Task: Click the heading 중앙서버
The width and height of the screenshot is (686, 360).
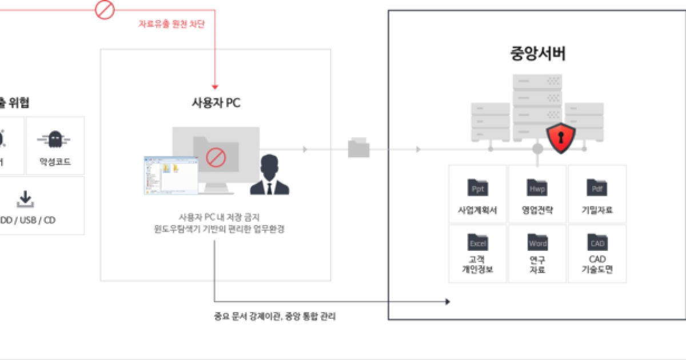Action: (537, 54)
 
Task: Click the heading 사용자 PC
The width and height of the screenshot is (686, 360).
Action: (216, 103)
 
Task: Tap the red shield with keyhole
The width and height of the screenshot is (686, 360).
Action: (560, 137)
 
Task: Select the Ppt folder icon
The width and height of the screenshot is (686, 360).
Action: (477, 187)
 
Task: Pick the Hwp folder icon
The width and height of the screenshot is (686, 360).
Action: (537, 187)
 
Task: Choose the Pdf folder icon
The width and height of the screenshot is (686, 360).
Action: (597, 187)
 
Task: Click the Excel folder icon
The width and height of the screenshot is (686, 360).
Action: (477, 242)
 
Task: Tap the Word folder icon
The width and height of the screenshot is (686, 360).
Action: (537, 242)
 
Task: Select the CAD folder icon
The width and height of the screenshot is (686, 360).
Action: (597, 242)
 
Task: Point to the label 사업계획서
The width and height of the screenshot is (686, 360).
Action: (477, 210)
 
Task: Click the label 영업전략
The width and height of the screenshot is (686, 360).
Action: (537, 210)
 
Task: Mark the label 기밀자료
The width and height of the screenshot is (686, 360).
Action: (597, 210)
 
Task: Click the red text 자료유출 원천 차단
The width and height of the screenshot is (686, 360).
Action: (171, 24)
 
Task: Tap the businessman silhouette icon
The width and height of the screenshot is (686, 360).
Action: (269, 174)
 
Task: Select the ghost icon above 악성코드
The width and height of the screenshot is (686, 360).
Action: (54, 139)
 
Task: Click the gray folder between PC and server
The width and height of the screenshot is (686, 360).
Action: (358, 148)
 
